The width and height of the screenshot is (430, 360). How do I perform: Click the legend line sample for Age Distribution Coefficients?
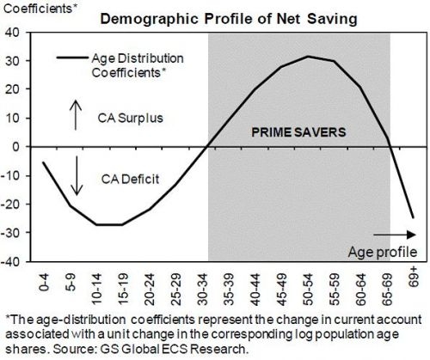click(x=71, y=58)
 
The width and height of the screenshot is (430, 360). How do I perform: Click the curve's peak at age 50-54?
click(x=308, y=57)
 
